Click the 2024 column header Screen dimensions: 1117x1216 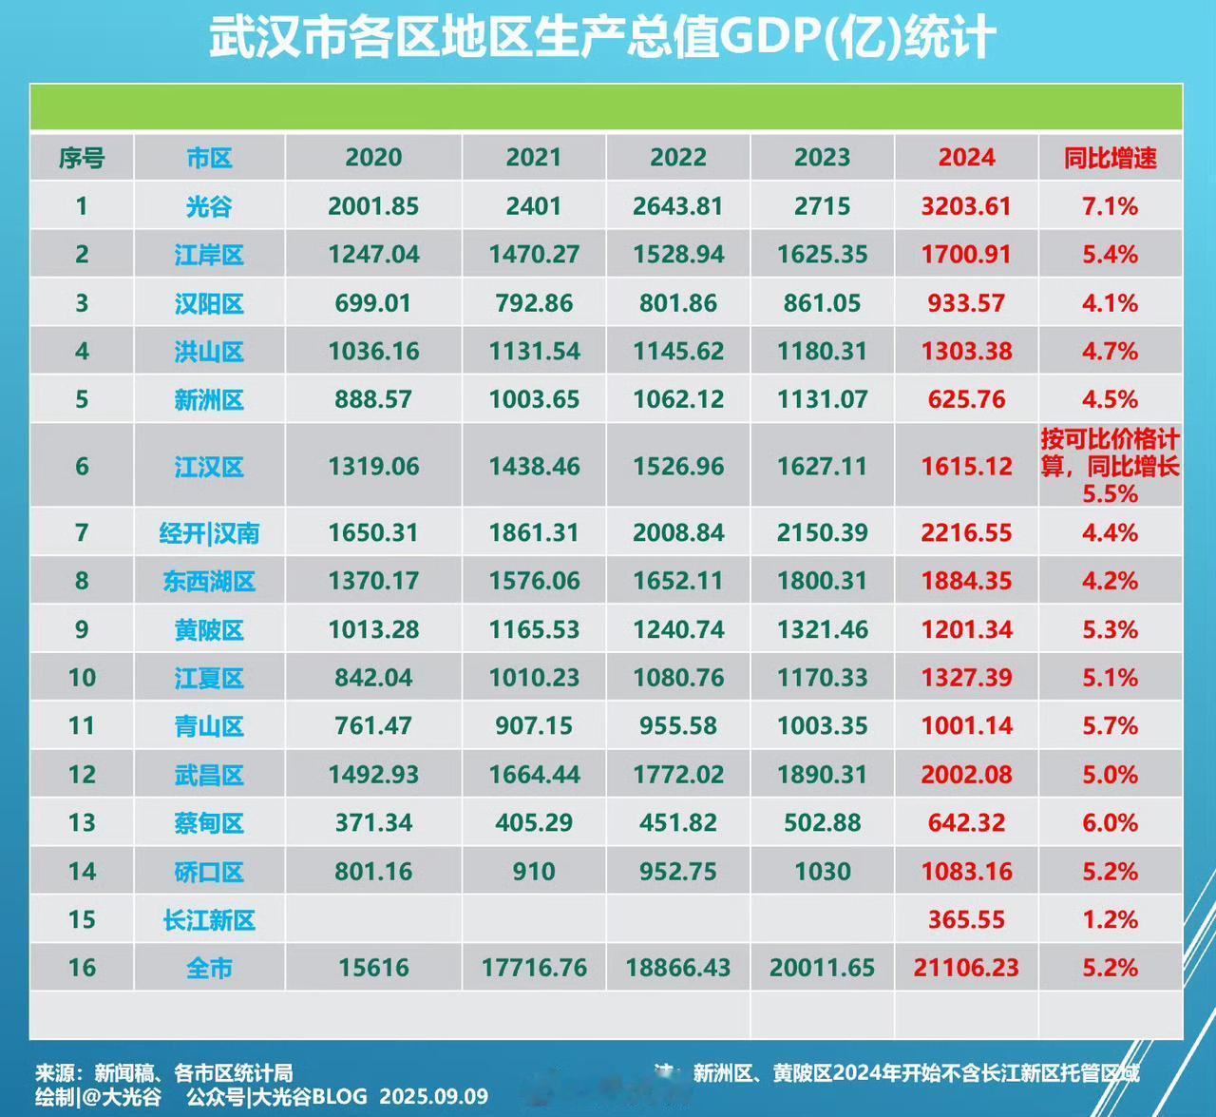click(x=966, y=158)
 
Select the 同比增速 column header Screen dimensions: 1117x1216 click(x=1110, y=158)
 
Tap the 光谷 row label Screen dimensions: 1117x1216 click(x=209, y=206)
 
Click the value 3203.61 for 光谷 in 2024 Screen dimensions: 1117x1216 click(x=966, y=206)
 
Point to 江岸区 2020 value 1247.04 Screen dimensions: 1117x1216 click(x=373, y=255)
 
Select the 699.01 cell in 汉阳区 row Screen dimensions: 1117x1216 click(x=373, y=303)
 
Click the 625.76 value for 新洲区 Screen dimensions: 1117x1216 click(x=966, y=399)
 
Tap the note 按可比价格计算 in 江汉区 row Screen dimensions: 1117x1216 click(x=1110, y=452)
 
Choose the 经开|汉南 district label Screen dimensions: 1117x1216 click(x=209, y=533)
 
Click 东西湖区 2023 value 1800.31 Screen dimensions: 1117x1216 click(x=822, y=581)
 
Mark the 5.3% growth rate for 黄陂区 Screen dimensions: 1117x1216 click(x=1110, y=629)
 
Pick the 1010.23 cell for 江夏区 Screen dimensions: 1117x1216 click(x=534, y=678)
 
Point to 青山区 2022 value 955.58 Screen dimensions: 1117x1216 click(x=678, y=726)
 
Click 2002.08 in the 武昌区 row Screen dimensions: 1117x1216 click(x=966, y=775)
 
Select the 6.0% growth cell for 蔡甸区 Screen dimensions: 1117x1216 click(x=1110, y=823)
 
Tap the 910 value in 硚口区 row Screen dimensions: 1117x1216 click(x=534, y=872)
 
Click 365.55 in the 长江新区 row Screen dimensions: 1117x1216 click(x=966, y=919)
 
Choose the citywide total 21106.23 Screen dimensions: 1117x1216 click(x=966, y=968)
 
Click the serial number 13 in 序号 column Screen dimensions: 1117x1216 click(x=82, y=823)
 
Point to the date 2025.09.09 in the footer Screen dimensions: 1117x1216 click(x=434, y=1096)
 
